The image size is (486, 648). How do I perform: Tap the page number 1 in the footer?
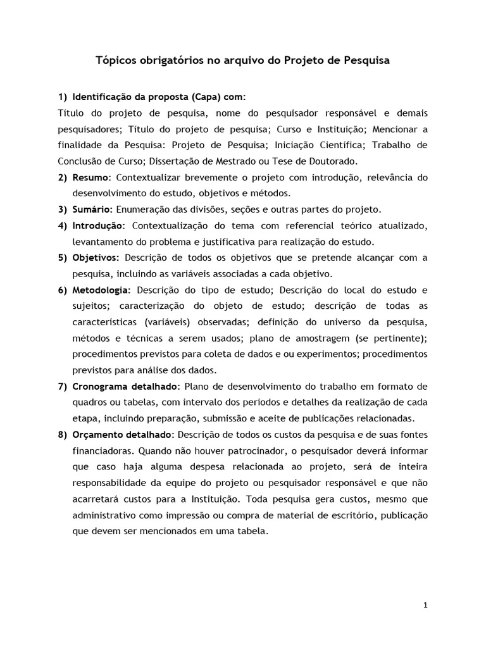coord(426,605)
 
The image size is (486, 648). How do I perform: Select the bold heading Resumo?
coord(91,178)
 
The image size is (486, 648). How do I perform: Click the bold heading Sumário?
coord(92,209)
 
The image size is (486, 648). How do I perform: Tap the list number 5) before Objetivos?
coord(63,258)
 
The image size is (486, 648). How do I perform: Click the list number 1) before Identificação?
coord(63,97)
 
